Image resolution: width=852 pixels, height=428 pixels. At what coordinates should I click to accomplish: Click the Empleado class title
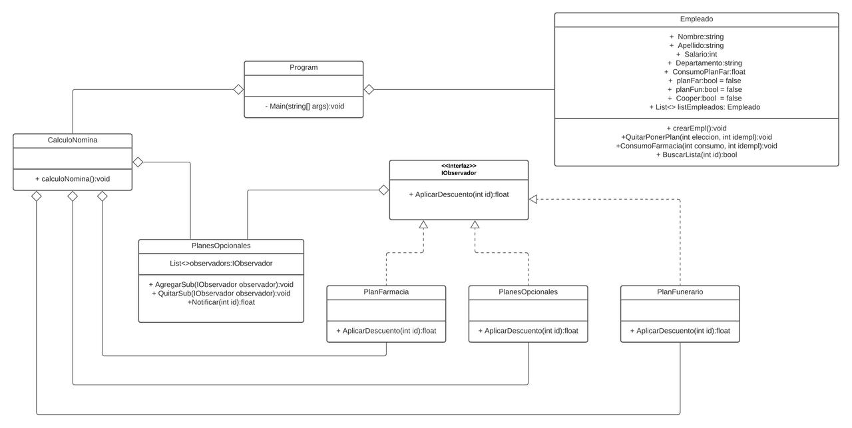696,19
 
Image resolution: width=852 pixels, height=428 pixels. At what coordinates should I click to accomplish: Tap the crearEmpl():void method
696,128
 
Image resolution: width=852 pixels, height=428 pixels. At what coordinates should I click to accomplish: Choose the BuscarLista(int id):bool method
696,154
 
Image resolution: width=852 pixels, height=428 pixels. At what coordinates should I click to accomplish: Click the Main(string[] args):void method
304,106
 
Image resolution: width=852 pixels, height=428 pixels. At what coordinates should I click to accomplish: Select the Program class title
304,67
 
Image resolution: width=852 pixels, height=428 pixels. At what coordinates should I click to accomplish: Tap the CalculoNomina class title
73,140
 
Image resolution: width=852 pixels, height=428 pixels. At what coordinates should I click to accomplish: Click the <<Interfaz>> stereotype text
459,166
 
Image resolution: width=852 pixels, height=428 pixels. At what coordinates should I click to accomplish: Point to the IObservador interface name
459,173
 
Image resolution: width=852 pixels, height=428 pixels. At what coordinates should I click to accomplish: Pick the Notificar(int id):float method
221,302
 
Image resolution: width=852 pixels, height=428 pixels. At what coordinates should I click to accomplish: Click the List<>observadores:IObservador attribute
221,264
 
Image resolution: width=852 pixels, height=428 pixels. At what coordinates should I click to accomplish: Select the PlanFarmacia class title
386,292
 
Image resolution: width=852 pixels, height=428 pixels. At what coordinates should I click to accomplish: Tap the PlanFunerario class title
680,292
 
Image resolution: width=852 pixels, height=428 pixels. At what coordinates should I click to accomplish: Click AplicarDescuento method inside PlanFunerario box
680,331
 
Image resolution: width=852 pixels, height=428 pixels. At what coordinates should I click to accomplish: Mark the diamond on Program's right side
369,89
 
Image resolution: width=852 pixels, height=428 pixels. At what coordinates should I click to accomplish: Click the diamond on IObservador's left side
383,190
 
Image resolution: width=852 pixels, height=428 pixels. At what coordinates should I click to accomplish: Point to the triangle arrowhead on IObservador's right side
533,199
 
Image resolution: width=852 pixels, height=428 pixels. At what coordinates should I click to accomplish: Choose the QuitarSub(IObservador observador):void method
221,293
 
